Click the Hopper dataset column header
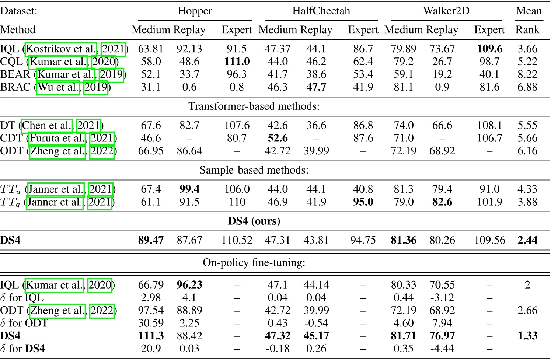pyautogui.click(x=195, y=11)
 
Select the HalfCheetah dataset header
pyautogui.click(x=321, y=11)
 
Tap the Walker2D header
pyautogui.click(x=446, y=11)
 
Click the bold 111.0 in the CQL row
pyautogui.click(x=237, y=62)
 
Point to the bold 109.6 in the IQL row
pyautogui.click(x=489, y=49)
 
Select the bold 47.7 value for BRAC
pyautogui.click(x=316, y=87)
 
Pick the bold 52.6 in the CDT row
pyautogui.click(x=278, y=138)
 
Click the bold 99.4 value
pyautogui.click(x=189, y=189)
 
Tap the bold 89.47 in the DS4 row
pyautogui.click(x=151, y=240)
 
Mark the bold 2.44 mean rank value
pyautogui.click(x=527, y=240)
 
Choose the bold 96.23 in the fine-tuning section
pyautogui.click(x=189, y=285)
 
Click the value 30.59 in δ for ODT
pyautogui.click(x=151, y=323)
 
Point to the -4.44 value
pyautogui.click(x=442, y=349)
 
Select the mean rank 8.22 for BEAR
pyautogui.click(x=527, y=74)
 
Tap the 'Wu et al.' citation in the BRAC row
pyautogui.click(x=58, y=88)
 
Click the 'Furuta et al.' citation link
pyautogui.click(x=57, y=139)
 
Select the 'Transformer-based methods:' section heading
pyautogui.click(x=254, y=106)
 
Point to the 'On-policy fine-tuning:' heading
pyautogui.click(x=254, y=263)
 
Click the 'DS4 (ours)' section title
pyautogui.click(x=254, y=221)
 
